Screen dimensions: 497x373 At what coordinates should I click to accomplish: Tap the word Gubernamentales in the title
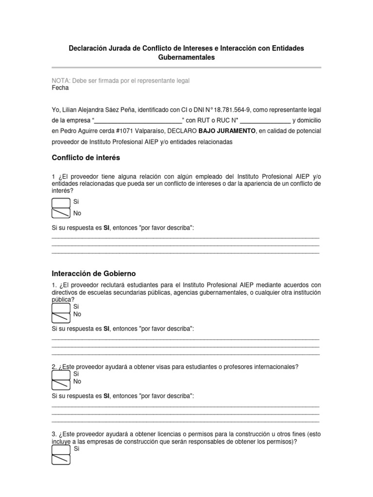186,57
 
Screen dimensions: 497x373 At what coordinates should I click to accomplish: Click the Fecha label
60,88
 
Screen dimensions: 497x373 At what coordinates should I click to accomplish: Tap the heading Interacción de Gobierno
93,274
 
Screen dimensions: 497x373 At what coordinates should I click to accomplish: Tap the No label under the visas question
77,381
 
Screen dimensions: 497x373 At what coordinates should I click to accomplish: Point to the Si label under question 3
76,449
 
